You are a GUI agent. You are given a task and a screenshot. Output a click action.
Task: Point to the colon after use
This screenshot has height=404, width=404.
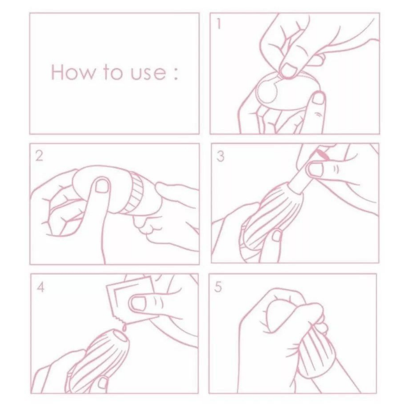click(176, 74)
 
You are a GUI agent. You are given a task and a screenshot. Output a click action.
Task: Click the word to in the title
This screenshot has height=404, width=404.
click(113, 73)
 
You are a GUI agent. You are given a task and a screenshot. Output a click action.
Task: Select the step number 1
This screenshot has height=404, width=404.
click(219, 24)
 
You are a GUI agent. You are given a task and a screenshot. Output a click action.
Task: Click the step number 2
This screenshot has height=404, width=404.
click(39, 156)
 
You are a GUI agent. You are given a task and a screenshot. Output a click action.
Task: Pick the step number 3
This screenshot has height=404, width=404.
click(220, 156)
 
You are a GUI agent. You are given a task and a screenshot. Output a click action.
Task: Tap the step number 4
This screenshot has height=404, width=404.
click(41, 287)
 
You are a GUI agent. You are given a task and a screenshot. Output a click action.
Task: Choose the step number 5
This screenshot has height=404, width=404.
click(218, 287)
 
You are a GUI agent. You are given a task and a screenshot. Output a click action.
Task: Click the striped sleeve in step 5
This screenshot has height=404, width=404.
click(312, 353)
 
